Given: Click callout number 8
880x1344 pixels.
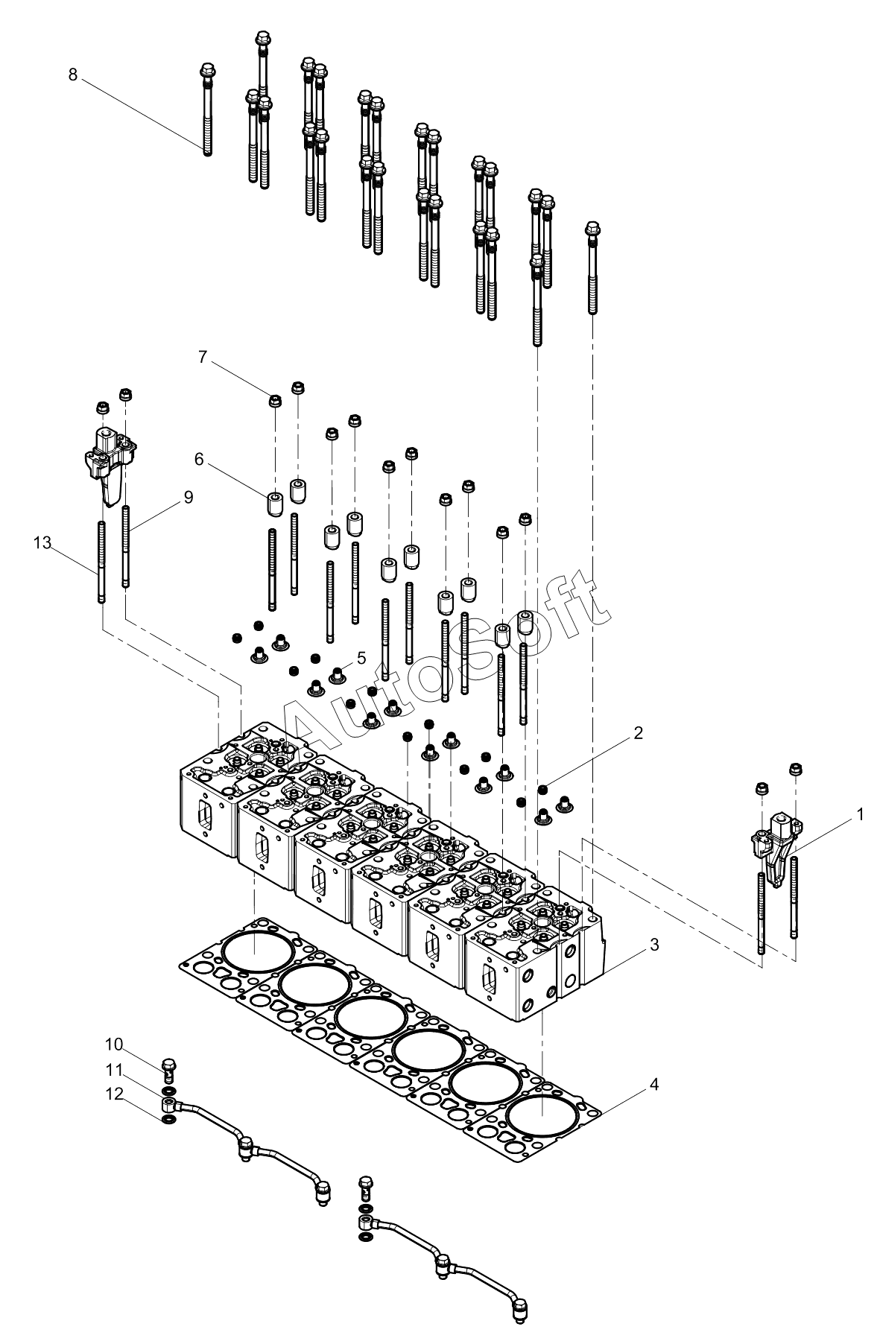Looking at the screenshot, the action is tap(72, 75).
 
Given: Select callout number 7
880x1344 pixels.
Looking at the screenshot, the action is tap(202, 357).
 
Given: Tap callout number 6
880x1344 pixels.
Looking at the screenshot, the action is tap(199, 460).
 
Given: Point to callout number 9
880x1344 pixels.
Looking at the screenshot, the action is tap(188, 497).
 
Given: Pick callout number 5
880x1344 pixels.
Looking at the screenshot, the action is tap(361, 658).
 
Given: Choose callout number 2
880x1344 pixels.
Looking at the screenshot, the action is tap(638, 733).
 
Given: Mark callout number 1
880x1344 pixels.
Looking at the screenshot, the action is tap(860, 814).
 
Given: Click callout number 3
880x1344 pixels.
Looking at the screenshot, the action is tap(653, 945).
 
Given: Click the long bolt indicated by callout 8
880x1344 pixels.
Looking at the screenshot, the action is tap(207, 110).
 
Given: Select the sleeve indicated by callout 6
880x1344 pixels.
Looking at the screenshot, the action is tap(274, 505).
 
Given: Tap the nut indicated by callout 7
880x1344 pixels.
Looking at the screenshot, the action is tap(275, 401).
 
